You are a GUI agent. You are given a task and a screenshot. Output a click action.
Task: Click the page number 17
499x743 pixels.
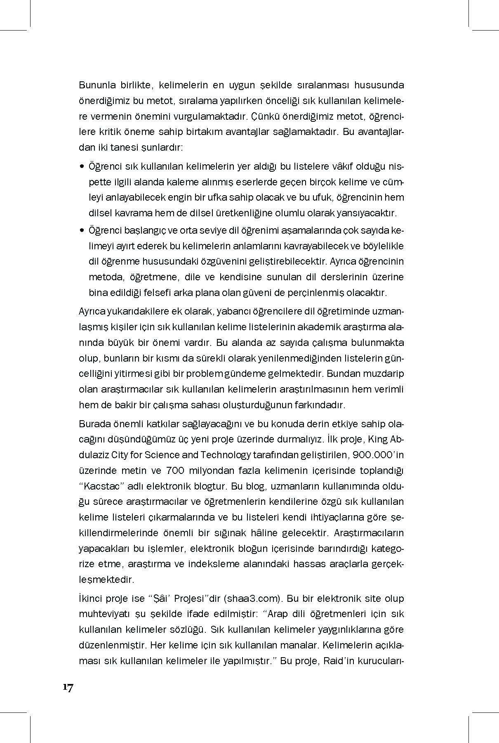68,687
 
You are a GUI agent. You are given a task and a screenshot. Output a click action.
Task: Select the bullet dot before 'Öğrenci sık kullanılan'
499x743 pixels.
82,167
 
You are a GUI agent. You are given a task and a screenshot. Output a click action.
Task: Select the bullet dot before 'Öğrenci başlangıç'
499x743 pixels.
82,230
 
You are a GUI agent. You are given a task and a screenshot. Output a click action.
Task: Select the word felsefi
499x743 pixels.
159,293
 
